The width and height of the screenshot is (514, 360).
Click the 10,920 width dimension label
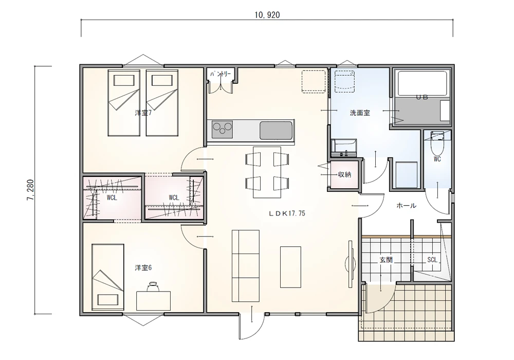pyautogui.click(x=267, y=15)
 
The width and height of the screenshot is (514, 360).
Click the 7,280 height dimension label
pyautogui.click(x=31, y=190)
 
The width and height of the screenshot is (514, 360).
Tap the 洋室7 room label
pyautogui.click(x=143, y=113)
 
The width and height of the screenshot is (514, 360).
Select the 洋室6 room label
pyautogui.click(x=143, y=268)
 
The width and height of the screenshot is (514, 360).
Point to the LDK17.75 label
pyautogui.click(x=287, y=213)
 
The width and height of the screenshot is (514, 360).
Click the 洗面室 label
pyautogui.click(x=360, y=113)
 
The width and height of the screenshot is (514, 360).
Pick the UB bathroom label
pyautogui.click(x=422, y=97)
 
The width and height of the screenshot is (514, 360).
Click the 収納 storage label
pyautogui.click(x=344, y=174)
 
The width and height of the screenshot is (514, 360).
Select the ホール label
pyautogui.click(x=407, y=206)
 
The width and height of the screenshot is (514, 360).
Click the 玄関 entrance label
pyautogui.click(x=386, y=260)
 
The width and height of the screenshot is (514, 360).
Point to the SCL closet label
pyautogui.click(x=432, y=260)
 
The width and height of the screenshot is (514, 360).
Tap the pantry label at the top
pyautogui.click(x=221, y=74)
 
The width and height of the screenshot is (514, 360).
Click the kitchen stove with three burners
pyautogui.click(x=222, y=130)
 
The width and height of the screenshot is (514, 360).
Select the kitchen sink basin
pyautogui.click(x=276, y=130)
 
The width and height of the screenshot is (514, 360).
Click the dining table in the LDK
pyautogui.click(x=267, y=172)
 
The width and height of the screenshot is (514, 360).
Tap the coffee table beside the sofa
pyautogui.click(x=290, y=267)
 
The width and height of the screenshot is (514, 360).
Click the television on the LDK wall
pyautogui.click(x=351, y=264)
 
